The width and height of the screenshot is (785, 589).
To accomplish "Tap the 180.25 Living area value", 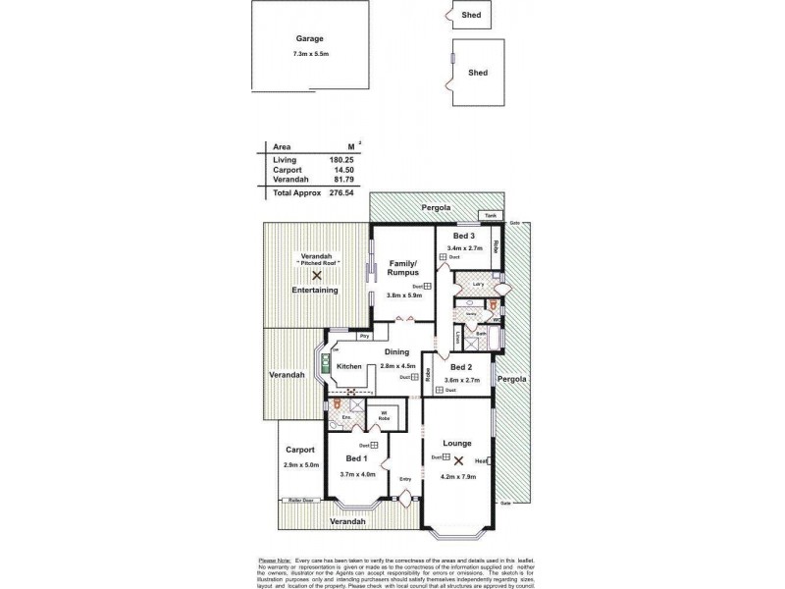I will (341, 158).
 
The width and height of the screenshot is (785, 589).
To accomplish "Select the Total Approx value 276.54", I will (341, 194).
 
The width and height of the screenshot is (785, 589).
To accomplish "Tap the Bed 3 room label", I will (464, 237).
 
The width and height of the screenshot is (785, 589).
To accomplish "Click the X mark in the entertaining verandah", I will (316, 278).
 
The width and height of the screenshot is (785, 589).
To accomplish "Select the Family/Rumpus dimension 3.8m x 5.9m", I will (403, 294).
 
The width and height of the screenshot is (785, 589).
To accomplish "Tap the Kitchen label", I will (349, 366).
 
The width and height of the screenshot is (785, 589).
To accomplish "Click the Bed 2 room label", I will (462, 366).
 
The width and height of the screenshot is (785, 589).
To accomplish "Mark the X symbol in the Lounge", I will (457, 459).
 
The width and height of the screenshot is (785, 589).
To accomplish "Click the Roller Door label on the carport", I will (299, 500).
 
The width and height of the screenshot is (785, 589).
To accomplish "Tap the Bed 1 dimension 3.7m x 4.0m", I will (356, 474).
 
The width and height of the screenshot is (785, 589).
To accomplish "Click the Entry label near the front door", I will (405, 479).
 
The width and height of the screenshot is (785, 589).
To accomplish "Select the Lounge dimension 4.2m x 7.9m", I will (457, 477).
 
